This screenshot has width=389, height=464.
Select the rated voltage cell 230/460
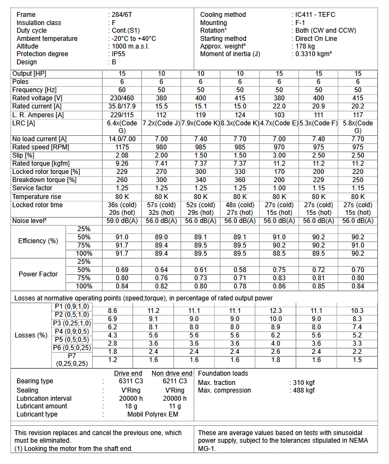coord(122,98)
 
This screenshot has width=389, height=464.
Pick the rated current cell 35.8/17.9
coord(122,106)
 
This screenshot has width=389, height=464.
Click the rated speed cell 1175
coord(122,147)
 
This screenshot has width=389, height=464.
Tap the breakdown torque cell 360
coord(240,180)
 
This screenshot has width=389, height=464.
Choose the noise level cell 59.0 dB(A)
coord(122,221)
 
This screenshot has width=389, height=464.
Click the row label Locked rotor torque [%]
coord(46,172)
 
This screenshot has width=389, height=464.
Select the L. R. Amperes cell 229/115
coord(122,115)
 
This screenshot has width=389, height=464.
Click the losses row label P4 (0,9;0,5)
coord(73,331)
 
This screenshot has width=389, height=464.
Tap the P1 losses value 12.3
coord(279,310)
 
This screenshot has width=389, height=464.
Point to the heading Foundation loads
coord(223,373)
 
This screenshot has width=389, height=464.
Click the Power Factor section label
coord(38,274)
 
